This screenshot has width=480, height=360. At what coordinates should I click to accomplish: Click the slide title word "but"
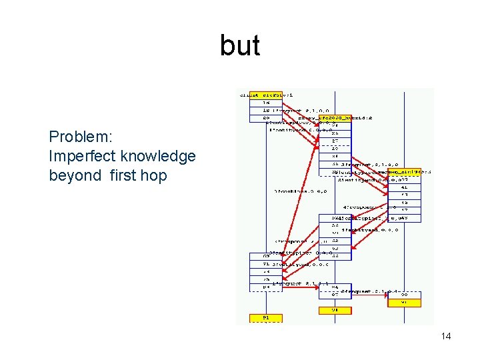pyautogui.click(x=240, y=47)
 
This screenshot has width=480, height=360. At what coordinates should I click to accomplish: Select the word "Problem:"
pyautogui.click(x=81, y=137)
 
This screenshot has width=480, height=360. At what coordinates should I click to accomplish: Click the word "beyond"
pyautogui.click(x=71, y=176)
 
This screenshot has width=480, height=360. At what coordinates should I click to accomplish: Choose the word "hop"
pyautogui.click(x=153, y=176)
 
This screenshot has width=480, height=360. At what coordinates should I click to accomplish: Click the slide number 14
pyautogui.click(x=446, y=336)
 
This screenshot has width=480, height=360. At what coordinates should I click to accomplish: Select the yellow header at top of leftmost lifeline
pyautogui.click(x=257, y=95)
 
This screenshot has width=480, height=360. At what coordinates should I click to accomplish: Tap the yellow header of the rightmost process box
pyautogui.click(x=405, y=172)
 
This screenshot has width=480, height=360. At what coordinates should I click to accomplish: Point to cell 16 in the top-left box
pyautogui.click(x=257, y=103)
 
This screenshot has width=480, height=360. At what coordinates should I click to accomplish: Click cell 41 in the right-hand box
pyautogui.click(x=405, y=187)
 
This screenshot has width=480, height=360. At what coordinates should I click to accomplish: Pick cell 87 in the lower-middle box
pyautogui.click(x=335, y=295)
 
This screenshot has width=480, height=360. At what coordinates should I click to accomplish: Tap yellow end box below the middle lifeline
pyautogui.click(x=335, y=310)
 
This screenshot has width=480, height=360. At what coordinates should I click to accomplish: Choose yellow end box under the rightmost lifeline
pyautogui.click(x=405, y=303)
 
